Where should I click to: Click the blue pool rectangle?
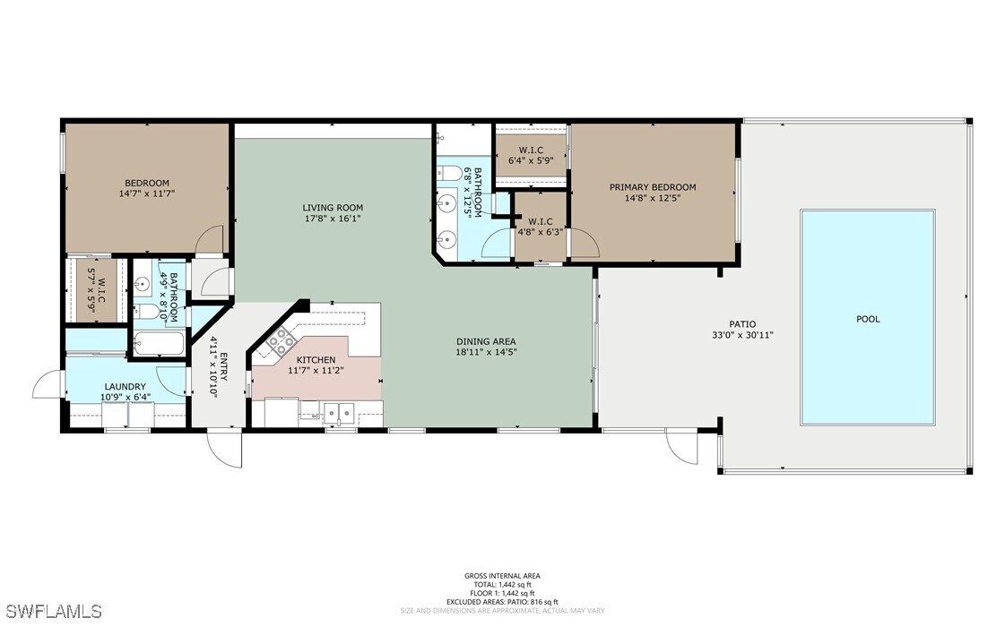coord(867,318)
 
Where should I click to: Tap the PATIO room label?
coord(741,324)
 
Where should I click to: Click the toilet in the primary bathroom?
coord(450,173)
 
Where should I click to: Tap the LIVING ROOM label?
coord(332,208)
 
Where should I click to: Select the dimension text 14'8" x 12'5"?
coord(652,198)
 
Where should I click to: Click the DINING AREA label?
coord(485,341)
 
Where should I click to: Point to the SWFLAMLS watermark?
coord(51,612)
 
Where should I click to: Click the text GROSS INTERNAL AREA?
coord(502,576)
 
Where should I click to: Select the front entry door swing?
coord(225,448)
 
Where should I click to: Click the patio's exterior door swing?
coord(681,447)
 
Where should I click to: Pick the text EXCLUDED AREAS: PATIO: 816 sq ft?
coord(502,602)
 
